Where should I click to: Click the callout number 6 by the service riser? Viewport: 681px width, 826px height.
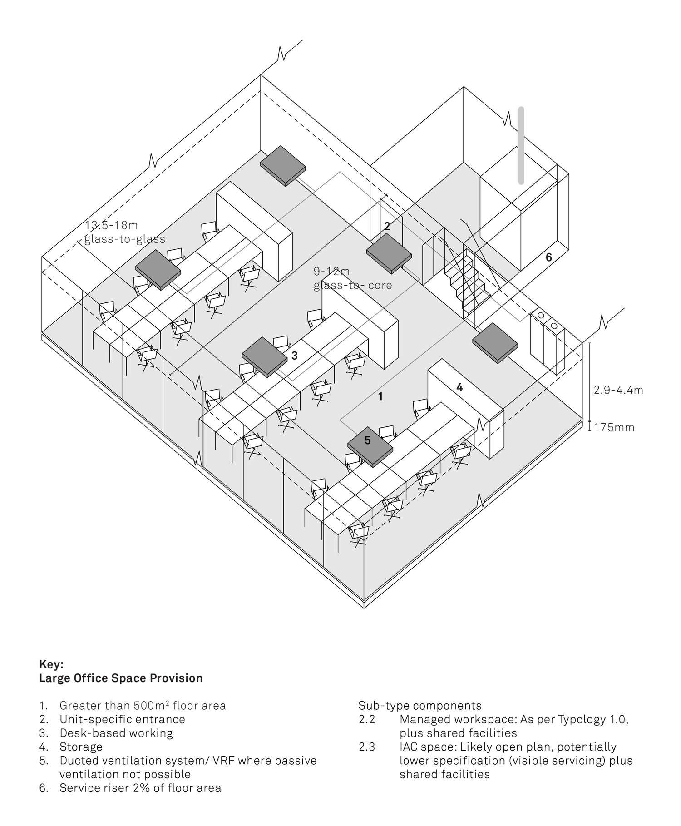pos(548,257)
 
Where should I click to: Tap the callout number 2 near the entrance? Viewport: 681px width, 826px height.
pos(387,226)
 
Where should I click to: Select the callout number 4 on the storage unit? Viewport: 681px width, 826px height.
pos(459,387)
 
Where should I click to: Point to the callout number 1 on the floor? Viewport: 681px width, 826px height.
pos(380,396)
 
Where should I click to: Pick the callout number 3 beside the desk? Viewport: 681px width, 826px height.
pos(294,356)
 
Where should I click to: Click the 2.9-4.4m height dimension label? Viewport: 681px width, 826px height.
pos(618,390)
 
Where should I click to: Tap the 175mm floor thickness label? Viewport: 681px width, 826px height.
pos(614,427)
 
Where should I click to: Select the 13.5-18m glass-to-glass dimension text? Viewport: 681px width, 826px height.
pos(124,232)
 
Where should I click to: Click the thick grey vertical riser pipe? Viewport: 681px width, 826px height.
pos(521,145)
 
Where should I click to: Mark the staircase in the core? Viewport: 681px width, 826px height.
pos(468,282)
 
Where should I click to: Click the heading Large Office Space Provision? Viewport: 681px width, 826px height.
pos(121,678)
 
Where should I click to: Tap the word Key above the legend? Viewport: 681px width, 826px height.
pos(52,664)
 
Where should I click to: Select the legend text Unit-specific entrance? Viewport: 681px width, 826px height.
pos(122,719)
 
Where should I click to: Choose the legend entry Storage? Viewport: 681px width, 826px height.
pos(81,747)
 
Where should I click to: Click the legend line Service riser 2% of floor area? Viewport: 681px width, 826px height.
pos(140,787)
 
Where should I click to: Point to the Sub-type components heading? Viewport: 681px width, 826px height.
pos(420,706)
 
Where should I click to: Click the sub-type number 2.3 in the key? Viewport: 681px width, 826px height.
pos(366,747)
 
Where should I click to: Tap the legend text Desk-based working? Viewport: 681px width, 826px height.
pos(116,733)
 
